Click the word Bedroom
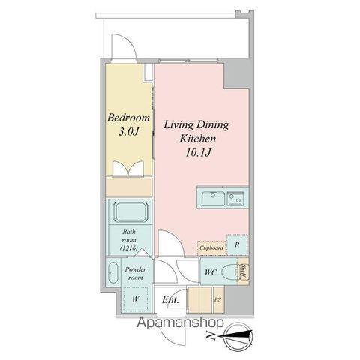coord(128,118)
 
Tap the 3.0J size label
coord(128,132)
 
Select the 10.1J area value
coord(198,152)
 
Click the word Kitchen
coord(197,139)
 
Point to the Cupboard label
coord(211,248)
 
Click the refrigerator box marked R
coord(237,244)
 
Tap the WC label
coord(211,272)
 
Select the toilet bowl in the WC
coord(230,271)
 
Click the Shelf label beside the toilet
coord(243,271)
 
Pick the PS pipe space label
coord(218,299)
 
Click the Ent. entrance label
coord(170,299)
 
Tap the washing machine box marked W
coord(136,298)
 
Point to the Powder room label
coord(136,273)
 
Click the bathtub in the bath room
coord(130,212)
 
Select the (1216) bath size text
coord(129,248)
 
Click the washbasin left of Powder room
coord(113,272)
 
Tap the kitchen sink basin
coord(213,199)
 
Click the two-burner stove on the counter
coord(235,199)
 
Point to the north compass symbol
coord(238,335)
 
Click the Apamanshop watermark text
coord(180,322)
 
